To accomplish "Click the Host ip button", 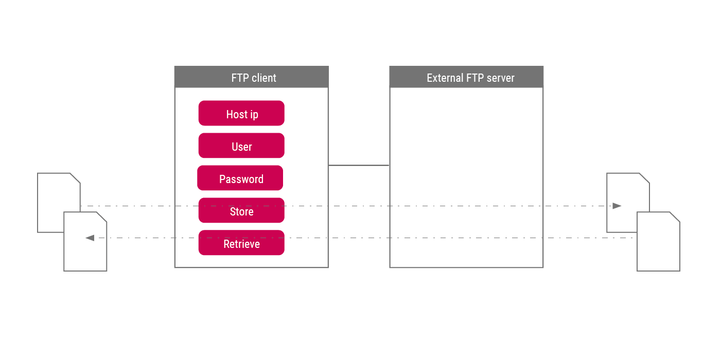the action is pyautogui.click(x=241, y=113).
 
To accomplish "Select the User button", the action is pyautogui.click(x=241, y=146).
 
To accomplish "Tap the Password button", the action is pyautogui.click(x=240, y=178).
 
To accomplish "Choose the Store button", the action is pyautogui.click(x=241, y=210).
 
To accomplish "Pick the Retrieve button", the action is pyautogui.click(x=241, y=243).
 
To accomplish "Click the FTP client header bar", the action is pyautogui.click(x=251, y=77).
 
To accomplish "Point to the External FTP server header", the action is pyautogui.click(x=466, y=77).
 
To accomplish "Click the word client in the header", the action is pyautogui.click(x=264, y=78).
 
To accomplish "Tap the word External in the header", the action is pyautogui.click(x=445, y=78).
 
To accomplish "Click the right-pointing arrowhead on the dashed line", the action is pyautogui.click(x=617, y=206).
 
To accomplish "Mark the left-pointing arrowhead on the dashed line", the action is pyautogui.click(x=90, y=238).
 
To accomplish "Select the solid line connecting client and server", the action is pyautogui.click(x=359, y=166).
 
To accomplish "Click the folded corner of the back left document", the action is pyautogui.click(x=75, y=178).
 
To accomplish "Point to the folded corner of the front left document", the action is pyautogui.click(x=102, y=217).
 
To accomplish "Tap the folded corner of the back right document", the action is pyautogui.click(x=644, y=178).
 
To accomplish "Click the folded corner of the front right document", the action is pyautogui.click(x=675, y=217).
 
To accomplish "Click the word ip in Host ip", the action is pyautogui.click(x=254, y=115).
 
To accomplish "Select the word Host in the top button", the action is pyautogui.click(x=237, y=114).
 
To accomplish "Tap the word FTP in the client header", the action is pyautogui.click(x=240, y=78).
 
